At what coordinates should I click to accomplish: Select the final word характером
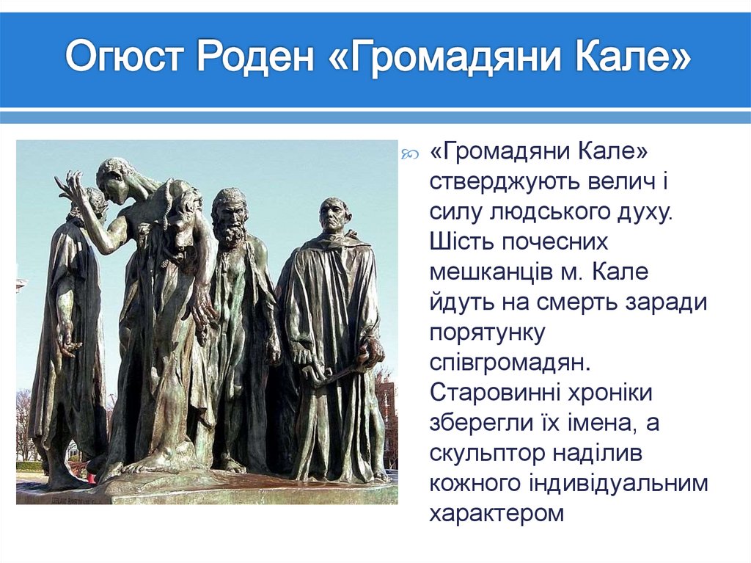[x=497, y=513]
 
